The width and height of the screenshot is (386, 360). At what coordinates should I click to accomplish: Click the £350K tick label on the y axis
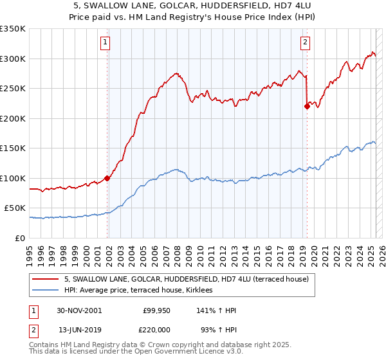(x=13, y=29)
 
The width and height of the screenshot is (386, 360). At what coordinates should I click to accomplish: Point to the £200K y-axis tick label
(x=13, y=118)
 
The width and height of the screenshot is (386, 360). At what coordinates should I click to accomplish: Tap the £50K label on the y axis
(x=15, y=208)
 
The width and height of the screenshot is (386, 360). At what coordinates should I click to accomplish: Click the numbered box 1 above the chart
(x=105, y=43)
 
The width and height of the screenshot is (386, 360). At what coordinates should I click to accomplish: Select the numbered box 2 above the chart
(x=304, y=43)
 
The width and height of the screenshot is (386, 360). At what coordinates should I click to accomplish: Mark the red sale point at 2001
(x=107, y=178)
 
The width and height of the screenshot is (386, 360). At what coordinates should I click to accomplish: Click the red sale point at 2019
(x=307, y=107)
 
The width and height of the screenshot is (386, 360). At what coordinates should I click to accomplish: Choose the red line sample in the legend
(x=46, y=279)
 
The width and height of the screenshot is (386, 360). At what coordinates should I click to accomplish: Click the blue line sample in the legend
(x=46, y=291)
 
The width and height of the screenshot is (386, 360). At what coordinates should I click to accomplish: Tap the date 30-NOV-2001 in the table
(x=79, y=310)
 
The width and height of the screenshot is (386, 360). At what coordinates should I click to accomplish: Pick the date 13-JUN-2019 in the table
(x=79, y=329)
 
